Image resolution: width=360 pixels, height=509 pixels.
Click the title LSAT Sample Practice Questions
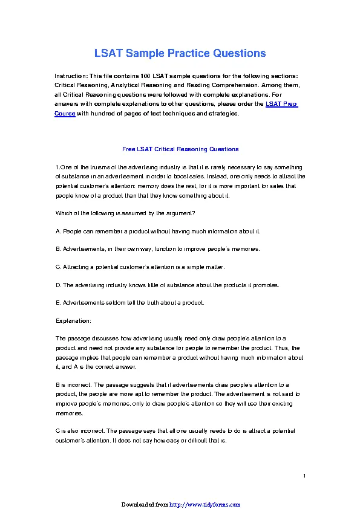click(180, 53)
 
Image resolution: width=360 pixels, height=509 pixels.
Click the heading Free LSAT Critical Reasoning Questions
click(180, 149)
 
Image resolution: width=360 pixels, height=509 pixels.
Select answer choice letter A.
click(57, 232)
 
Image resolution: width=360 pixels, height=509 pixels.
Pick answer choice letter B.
click(57, 249)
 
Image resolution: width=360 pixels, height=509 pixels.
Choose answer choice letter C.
click(57, 267)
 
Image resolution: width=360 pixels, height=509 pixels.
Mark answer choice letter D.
click(57, 285)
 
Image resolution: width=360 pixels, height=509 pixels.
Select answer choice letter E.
click(57, 302)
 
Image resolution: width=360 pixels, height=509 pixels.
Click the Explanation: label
click(73, 320)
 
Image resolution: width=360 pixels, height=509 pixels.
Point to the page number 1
click(304, 476)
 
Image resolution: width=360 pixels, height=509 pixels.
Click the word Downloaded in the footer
click(137, 504)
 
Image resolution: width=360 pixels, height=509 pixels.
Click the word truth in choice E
click(148, 302)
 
